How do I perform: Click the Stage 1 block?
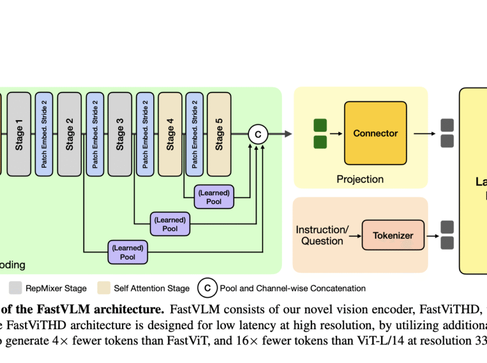click(19, 134)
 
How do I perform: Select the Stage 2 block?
click(69, 134)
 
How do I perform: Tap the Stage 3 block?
click(120, 134)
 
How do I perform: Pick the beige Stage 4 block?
click(170, 134)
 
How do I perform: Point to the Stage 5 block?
click(219, 134)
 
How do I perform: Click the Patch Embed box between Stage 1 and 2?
click(44, 134)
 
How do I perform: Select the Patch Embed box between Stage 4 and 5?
click(194, 134)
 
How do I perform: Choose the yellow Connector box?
click(375, 133)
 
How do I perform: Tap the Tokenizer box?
click(393, 236)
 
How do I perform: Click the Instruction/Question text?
click(322, 235)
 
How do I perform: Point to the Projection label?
click(360, 179)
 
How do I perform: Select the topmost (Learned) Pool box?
click(214, 197)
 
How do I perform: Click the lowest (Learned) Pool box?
click(127, 252)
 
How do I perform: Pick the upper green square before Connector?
click(320, 125)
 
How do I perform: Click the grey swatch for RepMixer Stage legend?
click(15, 288)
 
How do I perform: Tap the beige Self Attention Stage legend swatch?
click(104, 288)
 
